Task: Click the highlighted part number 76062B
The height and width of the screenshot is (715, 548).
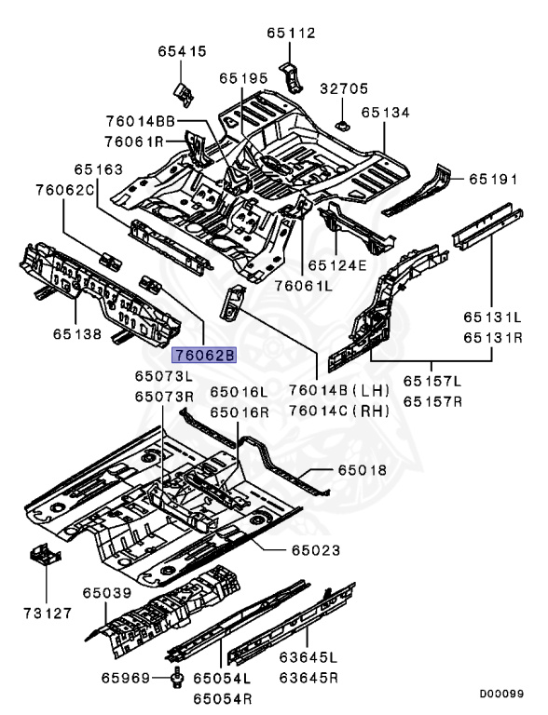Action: coord(204,354)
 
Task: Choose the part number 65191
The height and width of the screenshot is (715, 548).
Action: coord(493,178)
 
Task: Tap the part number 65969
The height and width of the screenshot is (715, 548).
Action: coord(127,681)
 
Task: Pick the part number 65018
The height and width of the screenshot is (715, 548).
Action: coord(362,471)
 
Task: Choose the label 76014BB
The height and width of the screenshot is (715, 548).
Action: coord(140,122)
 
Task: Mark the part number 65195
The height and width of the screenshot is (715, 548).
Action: coord(244,79)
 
